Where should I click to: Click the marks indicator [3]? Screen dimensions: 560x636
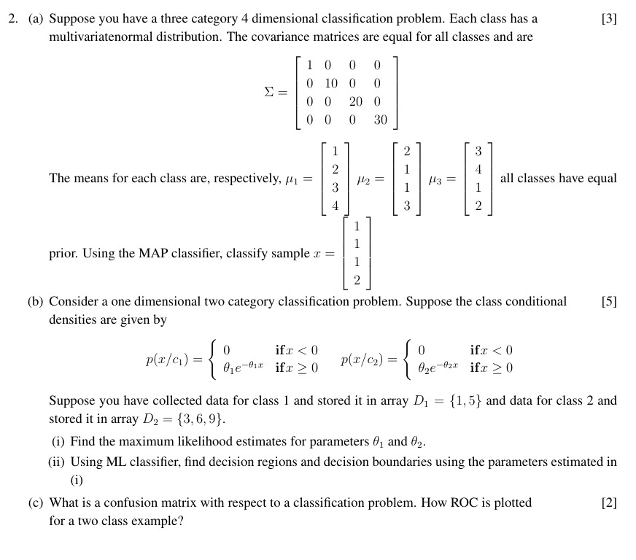[609, 19]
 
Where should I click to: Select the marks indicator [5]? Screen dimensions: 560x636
[609, 301]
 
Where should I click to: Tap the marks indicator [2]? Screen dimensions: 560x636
[609, 502]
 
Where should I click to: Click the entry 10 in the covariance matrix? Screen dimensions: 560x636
[331, 83]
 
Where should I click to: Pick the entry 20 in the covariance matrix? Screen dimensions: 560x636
[355, 102]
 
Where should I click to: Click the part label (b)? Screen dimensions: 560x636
[37, 301]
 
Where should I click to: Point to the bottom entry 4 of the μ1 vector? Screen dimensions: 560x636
[336, 206]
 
